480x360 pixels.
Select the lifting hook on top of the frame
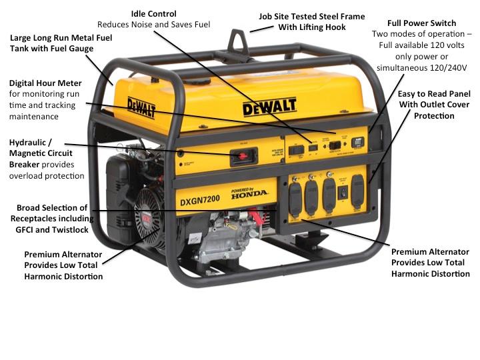(238, 36)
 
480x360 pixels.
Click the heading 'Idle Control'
(153, 13)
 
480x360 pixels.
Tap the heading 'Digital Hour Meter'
(45, 83)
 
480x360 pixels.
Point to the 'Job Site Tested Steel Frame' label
(312, 16)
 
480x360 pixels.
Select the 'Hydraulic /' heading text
(32, 142)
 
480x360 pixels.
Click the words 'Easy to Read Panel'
(435, 94)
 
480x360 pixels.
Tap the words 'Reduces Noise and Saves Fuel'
(153, 25)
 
